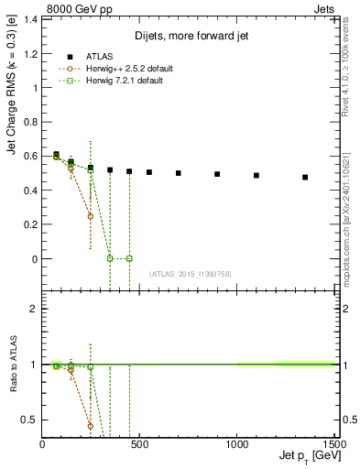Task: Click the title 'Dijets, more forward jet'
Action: tap(189, 37)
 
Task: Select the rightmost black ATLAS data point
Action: tap(305, 177)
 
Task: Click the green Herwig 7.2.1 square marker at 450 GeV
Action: tap(129, 258)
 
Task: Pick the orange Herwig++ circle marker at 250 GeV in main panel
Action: tap(91, 216)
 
